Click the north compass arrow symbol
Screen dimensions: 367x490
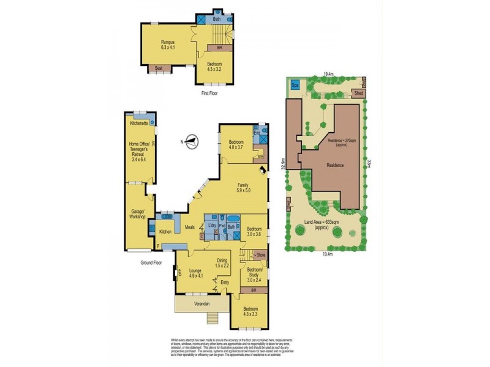[192, 142]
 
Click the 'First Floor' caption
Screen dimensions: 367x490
[209, 94]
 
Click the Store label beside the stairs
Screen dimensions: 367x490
[260, 254]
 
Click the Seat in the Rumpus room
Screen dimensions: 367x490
[159, 69]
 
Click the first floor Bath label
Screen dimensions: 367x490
[216, 20]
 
